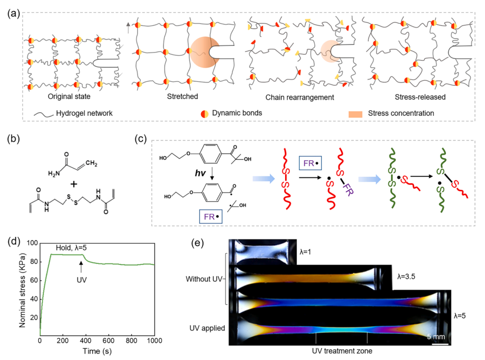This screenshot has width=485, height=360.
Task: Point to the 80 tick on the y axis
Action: tap(32, 262)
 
